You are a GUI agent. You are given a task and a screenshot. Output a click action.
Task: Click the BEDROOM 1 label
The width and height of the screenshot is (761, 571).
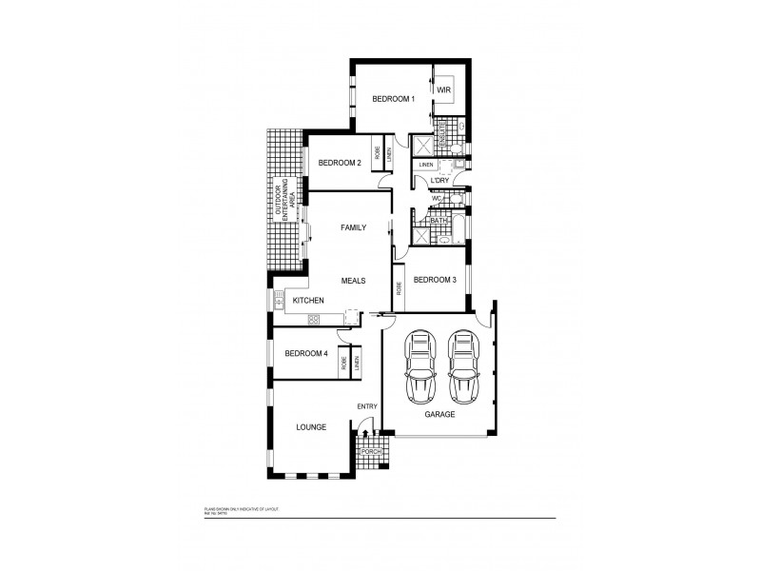(x=393, y=99)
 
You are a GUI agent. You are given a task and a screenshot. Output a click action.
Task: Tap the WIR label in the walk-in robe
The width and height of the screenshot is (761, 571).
(x=444, y=90)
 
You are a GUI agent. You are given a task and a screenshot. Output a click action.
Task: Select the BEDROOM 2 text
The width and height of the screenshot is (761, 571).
(x=340, y=163)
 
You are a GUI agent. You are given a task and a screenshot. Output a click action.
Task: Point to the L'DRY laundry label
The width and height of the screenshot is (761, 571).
(x=439, y=181)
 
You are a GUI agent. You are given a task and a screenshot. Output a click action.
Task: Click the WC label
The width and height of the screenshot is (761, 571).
(x=437, y=199)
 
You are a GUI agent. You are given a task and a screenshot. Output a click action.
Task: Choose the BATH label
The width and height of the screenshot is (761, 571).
(x=439, y=221)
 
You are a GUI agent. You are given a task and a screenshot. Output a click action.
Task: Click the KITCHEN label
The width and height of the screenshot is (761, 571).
(x=309, y=302)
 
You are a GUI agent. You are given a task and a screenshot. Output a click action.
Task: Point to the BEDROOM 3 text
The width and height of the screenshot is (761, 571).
(x=435, y=280)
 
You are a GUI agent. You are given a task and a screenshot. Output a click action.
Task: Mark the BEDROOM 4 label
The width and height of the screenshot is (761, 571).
(x=306, y=354)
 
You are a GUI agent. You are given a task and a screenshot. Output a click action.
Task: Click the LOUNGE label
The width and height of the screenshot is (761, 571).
(x=310, y=427)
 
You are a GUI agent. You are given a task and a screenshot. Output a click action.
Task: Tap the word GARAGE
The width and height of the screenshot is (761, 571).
(x=439, y=415)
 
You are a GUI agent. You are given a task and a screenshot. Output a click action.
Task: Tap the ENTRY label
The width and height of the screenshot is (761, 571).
(x=368, y=407)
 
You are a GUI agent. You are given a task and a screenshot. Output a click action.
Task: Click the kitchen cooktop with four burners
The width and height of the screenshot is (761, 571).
(x=280, y=301)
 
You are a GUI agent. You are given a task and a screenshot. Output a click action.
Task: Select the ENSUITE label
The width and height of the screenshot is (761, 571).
(x=442, y=133)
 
